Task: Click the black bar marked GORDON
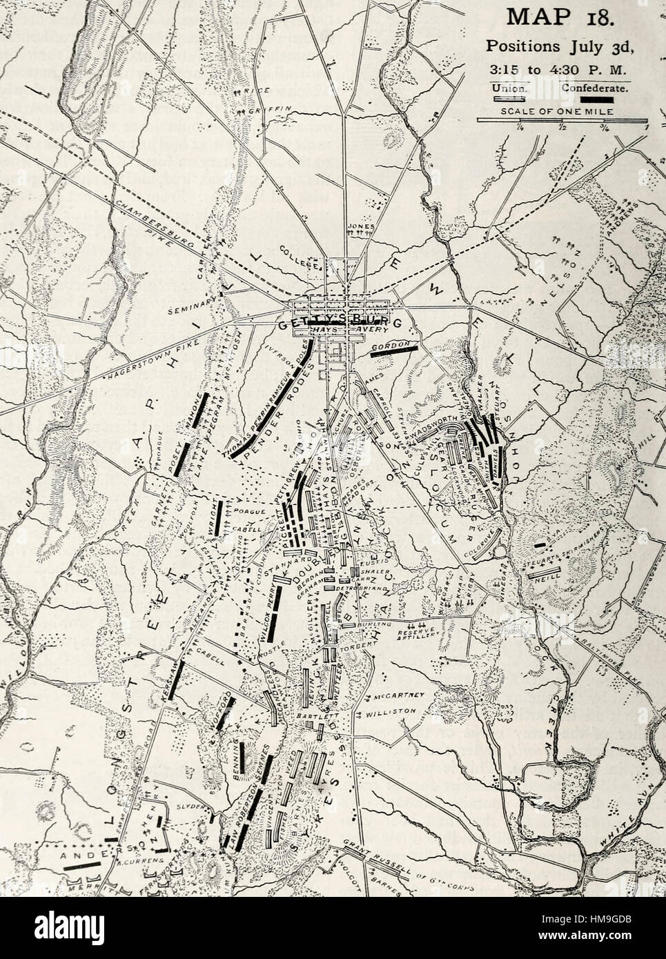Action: tap(394, 350)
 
